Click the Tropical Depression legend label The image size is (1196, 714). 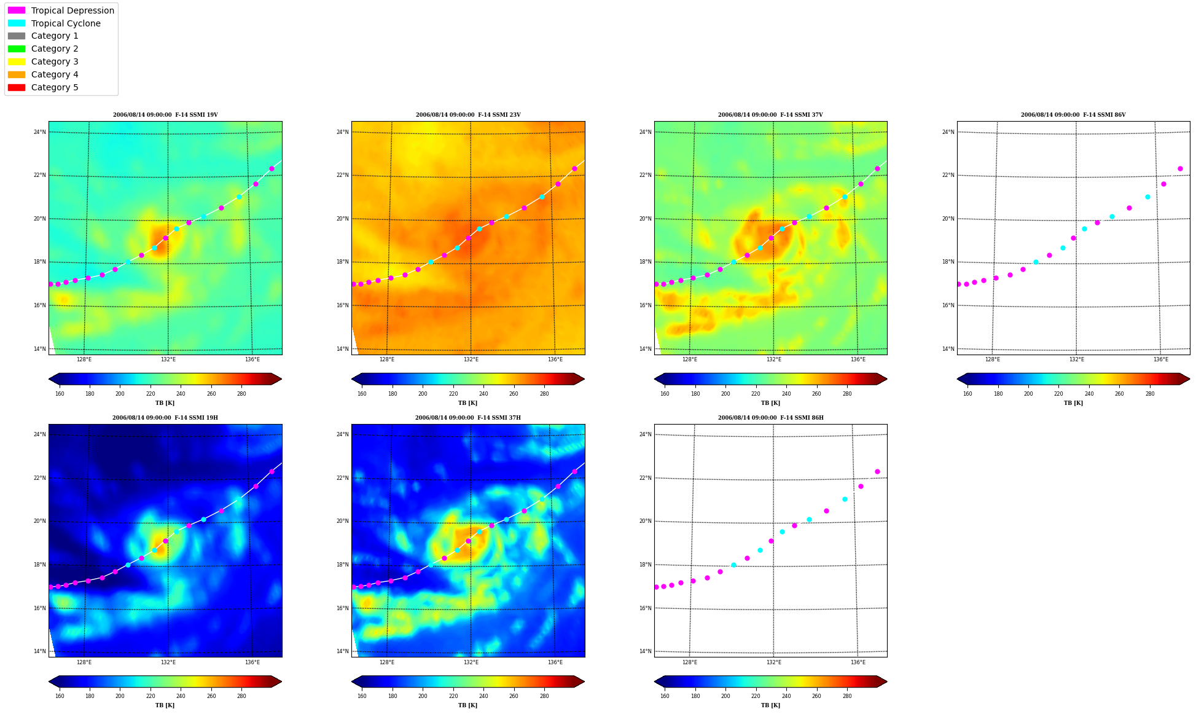coord(72,10)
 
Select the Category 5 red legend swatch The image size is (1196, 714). coord(17,87)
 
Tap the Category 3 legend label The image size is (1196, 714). coord(55,61)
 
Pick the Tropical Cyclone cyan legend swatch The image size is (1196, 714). coord(17,23)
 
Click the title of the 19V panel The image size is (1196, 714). coord(165,115)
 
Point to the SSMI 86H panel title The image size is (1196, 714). coord(771,418)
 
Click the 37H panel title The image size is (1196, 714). coord(468,418)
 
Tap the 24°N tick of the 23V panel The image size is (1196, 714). coord(342,132)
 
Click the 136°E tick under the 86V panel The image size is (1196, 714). coord(1160,359)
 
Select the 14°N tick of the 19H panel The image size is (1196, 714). coord(39,651)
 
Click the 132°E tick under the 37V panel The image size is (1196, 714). coord(774,359)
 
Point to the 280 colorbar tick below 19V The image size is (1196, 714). coord(241,394)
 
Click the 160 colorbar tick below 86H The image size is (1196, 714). coord(665,696)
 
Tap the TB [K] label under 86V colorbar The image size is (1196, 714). coord(1073,403)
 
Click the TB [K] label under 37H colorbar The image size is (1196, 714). coord(467,705)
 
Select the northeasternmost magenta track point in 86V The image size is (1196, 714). coord(1180,168)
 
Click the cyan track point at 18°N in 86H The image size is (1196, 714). coord(733,565)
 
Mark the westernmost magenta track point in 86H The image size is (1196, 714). coord(656,587)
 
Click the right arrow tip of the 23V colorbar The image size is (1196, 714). coord(584,379)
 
